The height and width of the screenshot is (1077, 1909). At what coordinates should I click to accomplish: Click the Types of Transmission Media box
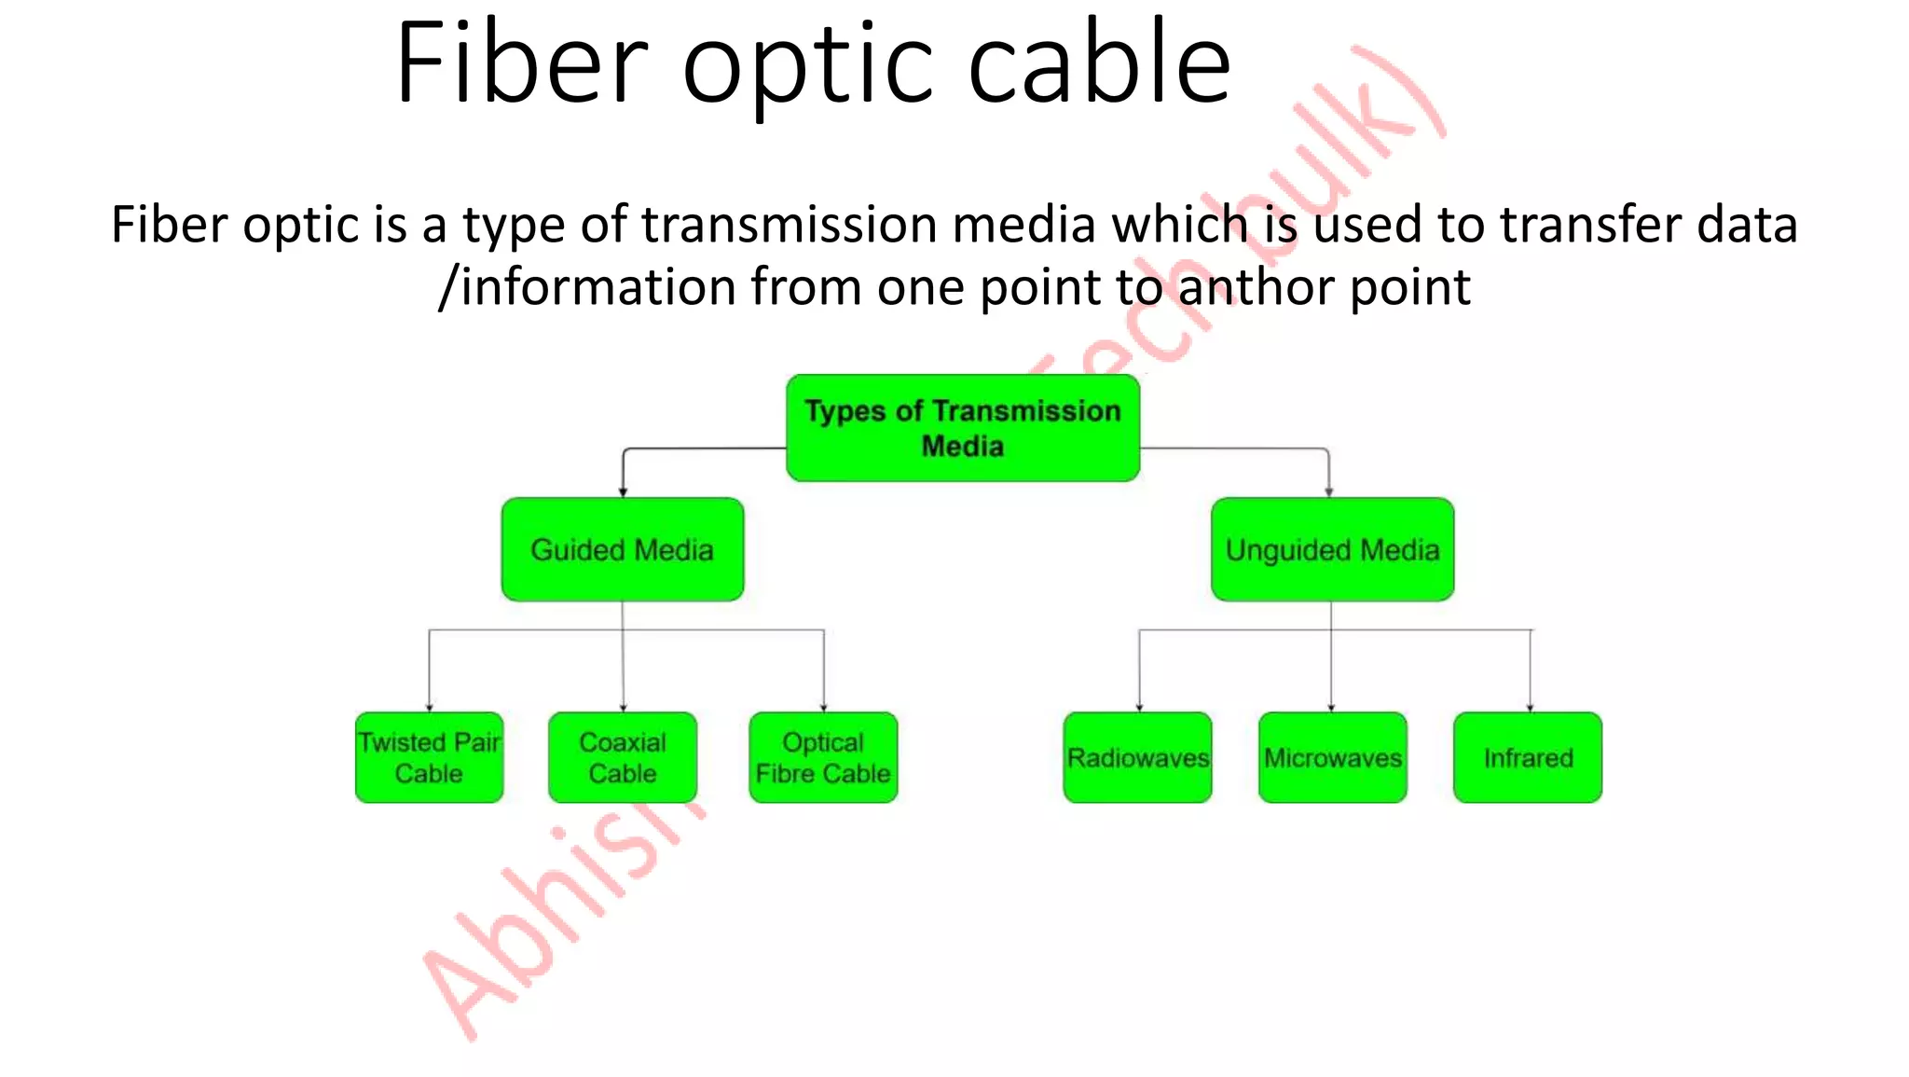coord(963,428)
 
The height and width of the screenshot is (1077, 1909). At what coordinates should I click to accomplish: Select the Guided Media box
coord(623,549)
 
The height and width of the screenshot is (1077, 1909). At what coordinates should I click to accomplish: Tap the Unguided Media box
coord(1332,549)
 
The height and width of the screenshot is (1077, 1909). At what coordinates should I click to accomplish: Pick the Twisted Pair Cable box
coord(429,757)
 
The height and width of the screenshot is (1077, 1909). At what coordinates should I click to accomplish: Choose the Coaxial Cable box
coord(623,757)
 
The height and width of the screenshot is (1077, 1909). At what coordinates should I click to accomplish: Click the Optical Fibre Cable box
coord(823,757)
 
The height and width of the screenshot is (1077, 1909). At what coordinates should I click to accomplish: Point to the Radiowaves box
coord(1137,757)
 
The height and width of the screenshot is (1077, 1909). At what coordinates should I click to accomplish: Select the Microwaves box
coord(1332,757)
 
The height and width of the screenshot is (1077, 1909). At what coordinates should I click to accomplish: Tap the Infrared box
coord(1528,757)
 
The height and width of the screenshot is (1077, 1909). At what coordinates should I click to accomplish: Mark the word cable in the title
coord(1100,63)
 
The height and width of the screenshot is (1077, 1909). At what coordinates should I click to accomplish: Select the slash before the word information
coord(448,287)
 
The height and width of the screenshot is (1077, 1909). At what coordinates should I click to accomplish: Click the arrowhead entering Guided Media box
coord(623,492)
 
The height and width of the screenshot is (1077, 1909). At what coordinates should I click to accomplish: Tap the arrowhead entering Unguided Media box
coord(1329,492)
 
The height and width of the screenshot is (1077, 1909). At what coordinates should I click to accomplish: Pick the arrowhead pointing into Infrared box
coord(1530,708)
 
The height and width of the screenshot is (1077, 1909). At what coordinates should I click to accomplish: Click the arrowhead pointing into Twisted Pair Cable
coord(429,708)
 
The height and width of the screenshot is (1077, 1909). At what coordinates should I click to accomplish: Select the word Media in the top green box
coord(963,447)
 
